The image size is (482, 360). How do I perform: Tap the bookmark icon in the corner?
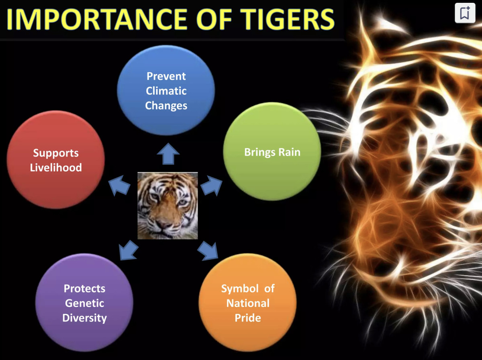click(x=465, y=13)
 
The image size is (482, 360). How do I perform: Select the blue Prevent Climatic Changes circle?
click(x=166, y=90)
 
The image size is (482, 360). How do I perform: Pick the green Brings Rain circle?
click(x=272, y=152)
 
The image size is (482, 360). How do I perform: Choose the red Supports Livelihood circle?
click(x=56, y=160)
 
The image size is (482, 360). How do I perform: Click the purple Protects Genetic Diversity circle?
click(x=84, y=303)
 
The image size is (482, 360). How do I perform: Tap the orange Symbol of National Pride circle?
click(x=248, y=303)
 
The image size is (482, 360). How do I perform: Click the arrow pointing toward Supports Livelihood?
click(x=120, y=186)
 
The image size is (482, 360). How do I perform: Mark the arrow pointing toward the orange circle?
click(x=208, y=250)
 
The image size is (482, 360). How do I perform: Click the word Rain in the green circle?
click(x=289, y=153)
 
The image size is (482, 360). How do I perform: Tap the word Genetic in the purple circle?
click(x=84, y=303)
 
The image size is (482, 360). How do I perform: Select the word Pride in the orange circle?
click(x=248, y=318)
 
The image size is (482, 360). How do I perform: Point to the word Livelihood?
click(x=56, y=167)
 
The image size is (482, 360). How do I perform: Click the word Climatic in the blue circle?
click(x=166, y=91)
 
